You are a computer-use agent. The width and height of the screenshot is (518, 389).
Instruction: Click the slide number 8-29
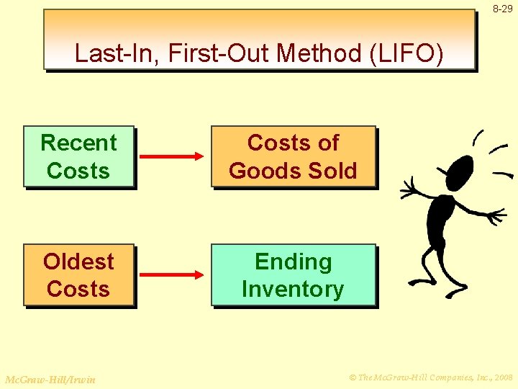pos(503,9)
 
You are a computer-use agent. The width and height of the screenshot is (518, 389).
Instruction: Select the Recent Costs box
pos(79,157)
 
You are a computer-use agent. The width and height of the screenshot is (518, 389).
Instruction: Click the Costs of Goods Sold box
pos(293,157)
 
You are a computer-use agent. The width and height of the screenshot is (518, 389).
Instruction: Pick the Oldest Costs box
pos(79,275)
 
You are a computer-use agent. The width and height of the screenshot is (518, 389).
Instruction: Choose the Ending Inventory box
pos(293,275)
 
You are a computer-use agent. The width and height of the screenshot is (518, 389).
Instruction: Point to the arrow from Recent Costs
pos(173,156)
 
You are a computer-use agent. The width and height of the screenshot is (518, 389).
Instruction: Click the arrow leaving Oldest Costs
pos(173,274)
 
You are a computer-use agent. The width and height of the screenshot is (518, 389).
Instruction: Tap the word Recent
pos(79,143)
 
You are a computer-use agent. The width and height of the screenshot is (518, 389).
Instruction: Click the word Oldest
pos(79,261)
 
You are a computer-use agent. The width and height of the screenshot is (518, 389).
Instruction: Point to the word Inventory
pos(293,290)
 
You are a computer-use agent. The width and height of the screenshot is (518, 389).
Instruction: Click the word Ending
pos(293,261)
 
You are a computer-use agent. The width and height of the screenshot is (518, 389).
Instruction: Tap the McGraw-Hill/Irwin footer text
pos(50,379)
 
